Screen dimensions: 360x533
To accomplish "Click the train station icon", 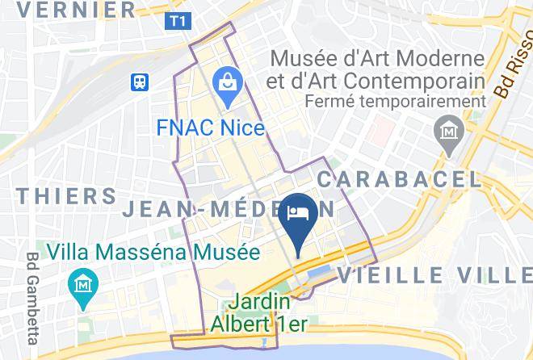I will (x=141, y=82).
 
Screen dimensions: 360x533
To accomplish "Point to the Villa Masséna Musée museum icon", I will (x=83, y=286).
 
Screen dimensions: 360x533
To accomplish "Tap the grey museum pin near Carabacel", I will (x=445, y=130).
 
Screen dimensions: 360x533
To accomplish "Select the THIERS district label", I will (x=66, y=196).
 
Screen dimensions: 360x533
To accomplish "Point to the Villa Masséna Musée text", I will (x=153, y=252).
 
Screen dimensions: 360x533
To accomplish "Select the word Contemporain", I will (x=413, y=81).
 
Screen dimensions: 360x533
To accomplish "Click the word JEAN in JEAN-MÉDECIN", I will (x=158, y=210).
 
